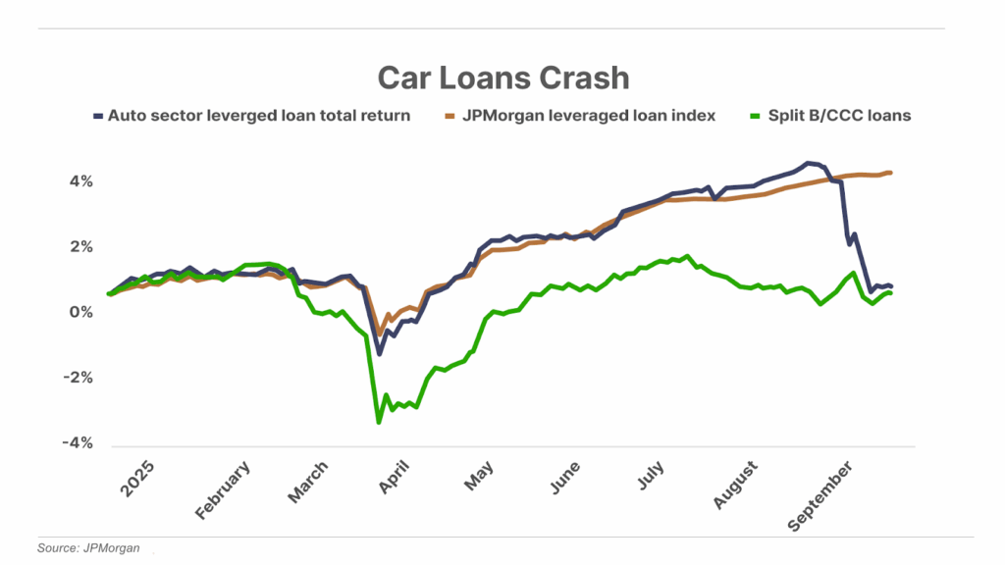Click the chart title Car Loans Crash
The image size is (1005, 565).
click(x=503, y=77)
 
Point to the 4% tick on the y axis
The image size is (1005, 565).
click(x=79, y=181)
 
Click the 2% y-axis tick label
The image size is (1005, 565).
click(x=79, y=247)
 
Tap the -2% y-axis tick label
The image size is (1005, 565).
click(x=78, y=378)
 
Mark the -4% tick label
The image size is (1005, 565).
click(x=78, y=443)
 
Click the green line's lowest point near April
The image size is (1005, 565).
click(x=379, y=422)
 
